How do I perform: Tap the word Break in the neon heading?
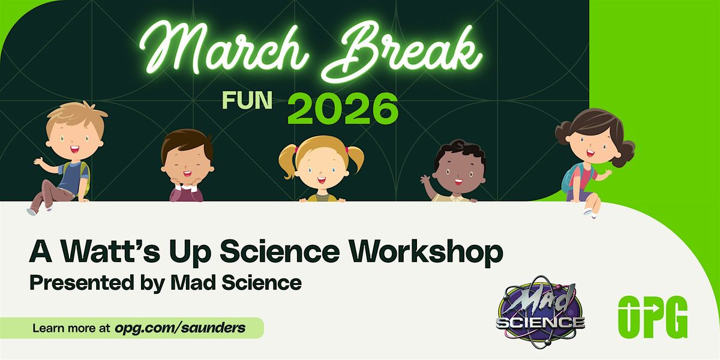coord(401,52)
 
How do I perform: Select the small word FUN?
coord(247,100)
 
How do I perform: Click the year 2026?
coord(343,109)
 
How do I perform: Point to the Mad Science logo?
coord(541,313)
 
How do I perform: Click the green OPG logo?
coord(653,317)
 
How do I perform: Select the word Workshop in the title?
coord(426,253)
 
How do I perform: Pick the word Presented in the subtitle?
coord(82,283)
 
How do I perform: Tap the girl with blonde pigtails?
coord(322,169)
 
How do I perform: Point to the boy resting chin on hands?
coord(187,166)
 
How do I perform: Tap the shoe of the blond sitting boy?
coord(31,211)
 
